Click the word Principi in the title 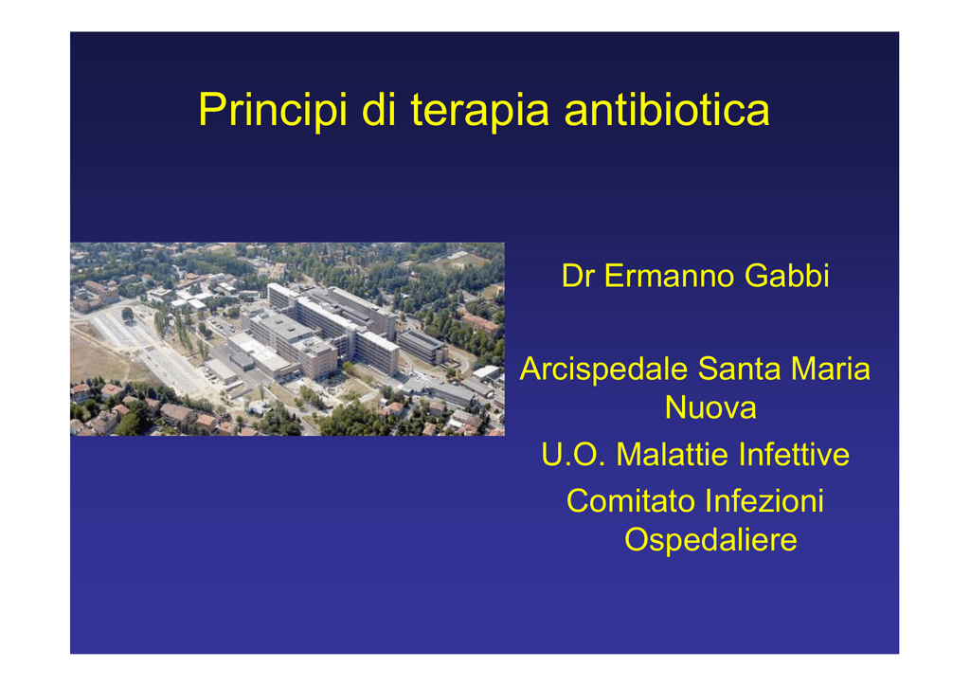tap(272, 111)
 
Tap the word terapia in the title tap(479, 110)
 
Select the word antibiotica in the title tap(667, 109)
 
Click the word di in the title tap(379, 109)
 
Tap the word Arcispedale tap(603, 370)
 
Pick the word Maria tap(831, 370)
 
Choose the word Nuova tap(710, 407)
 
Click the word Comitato tap(630, 501)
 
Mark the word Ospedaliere tap(710, 539)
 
